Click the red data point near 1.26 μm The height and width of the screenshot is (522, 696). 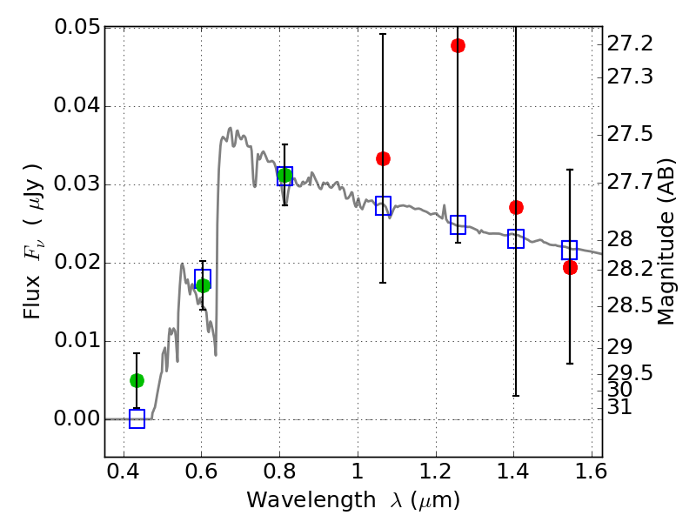[458, 45]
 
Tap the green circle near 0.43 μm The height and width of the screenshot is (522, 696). [137, 380]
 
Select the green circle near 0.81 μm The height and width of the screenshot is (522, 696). [284, 176]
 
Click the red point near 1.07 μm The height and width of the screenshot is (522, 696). [383, 158]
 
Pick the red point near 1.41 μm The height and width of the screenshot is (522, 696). [516, 207]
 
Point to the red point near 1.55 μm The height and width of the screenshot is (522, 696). [570, 267]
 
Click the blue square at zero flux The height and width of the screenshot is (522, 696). [137, 418]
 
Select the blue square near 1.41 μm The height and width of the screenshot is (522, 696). [516, 239]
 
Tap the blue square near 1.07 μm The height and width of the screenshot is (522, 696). [383, 206]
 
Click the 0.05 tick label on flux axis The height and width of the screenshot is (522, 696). [76, 28]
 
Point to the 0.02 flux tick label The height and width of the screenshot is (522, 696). [76, 263]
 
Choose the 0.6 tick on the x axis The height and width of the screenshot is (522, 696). [201, 475]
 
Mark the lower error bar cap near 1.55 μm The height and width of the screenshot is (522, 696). [570, 364]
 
